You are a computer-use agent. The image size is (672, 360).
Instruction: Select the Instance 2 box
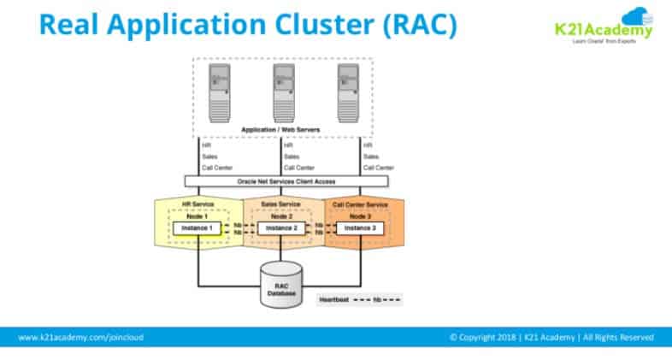[281, 228]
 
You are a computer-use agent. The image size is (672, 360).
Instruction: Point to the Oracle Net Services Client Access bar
[286, 181]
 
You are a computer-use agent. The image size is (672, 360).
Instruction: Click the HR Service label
[198, 204]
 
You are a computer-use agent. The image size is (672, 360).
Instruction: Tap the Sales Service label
[281, 204]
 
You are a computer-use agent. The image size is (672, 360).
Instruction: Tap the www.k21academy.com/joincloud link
[81, 337]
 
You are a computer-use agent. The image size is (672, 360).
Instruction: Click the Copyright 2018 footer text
[551, 337]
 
